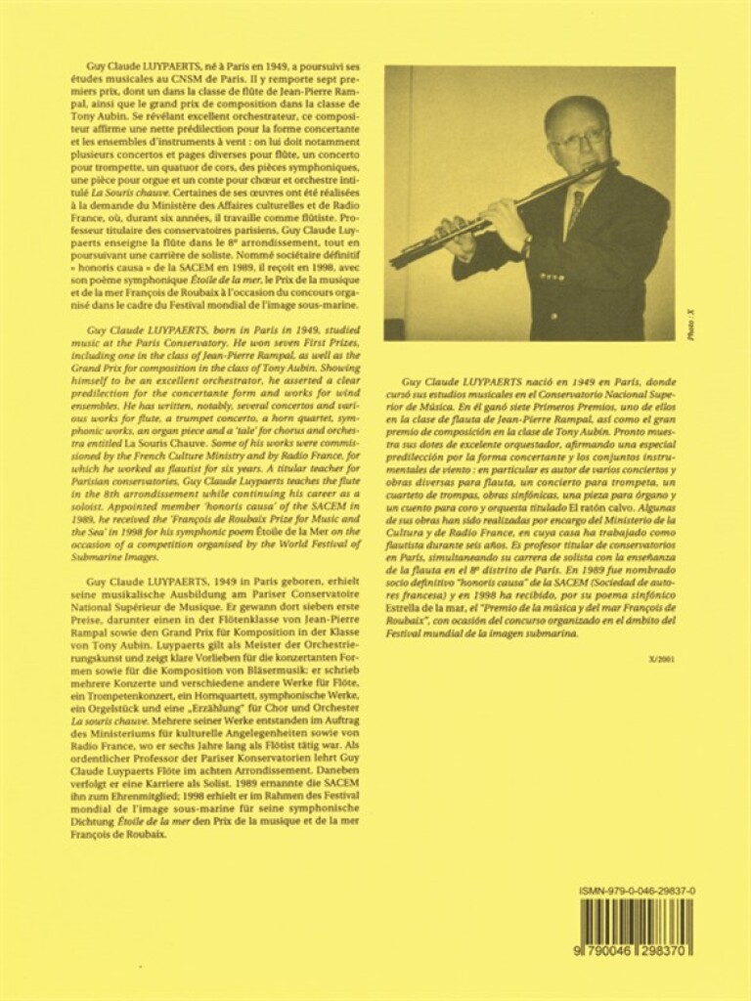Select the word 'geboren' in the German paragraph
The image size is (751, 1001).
point(279,581)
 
